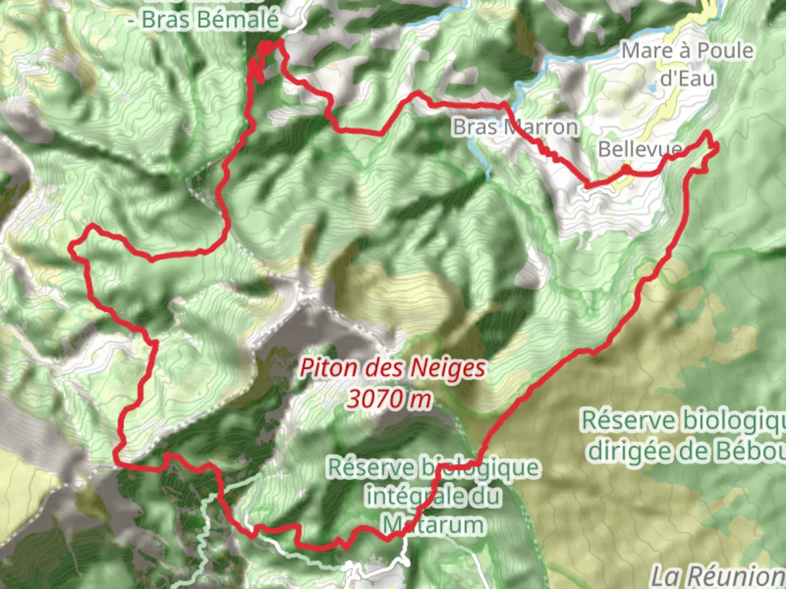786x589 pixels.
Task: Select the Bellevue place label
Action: [x=640, y=149]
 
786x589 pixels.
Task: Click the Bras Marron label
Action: [x=515, y=127]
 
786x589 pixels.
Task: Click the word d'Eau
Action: [x=687, y=79]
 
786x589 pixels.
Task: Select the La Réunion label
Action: [x=718, y=576]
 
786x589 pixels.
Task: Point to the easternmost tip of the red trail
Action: [x=716, y=146]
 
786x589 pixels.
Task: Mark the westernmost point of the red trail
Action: [x=70, y=249]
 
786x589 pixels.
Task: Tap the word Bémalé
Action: [x=239, y=20]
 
